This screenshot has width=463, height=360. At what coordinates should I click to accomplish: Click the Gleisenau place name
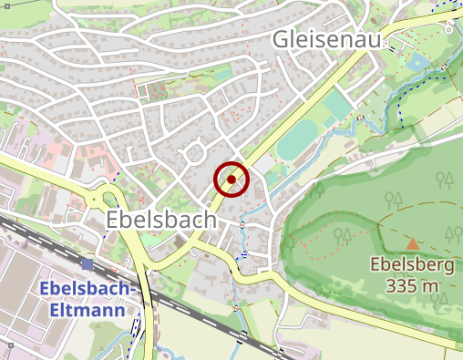point(325,41)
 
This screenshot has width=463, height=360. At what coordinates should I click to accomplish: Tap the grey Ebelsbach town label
point(161,220)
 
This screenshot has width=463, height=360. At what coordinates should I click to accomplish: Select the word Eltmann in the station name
point(88,309)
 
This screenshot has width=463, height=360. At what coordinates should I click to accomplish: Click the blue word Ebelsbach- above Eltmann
point(88,289)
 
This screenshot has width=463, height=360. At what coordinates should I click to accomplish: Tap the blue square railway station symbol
point(87,263)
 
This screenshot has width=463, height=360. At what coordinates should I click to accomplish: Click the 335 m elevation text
point(412,287)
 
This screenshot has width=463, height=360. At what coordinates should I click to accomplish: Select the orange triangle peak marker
point(412,243)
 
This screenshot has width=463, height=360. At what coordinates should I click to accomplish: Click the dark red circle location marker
point(231,180)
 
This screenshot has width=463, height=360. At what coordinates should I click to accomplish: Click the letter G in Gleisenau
point(283,41)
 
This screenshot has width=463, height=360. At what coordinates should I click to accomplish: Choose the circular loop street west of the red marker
point(194,151)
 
